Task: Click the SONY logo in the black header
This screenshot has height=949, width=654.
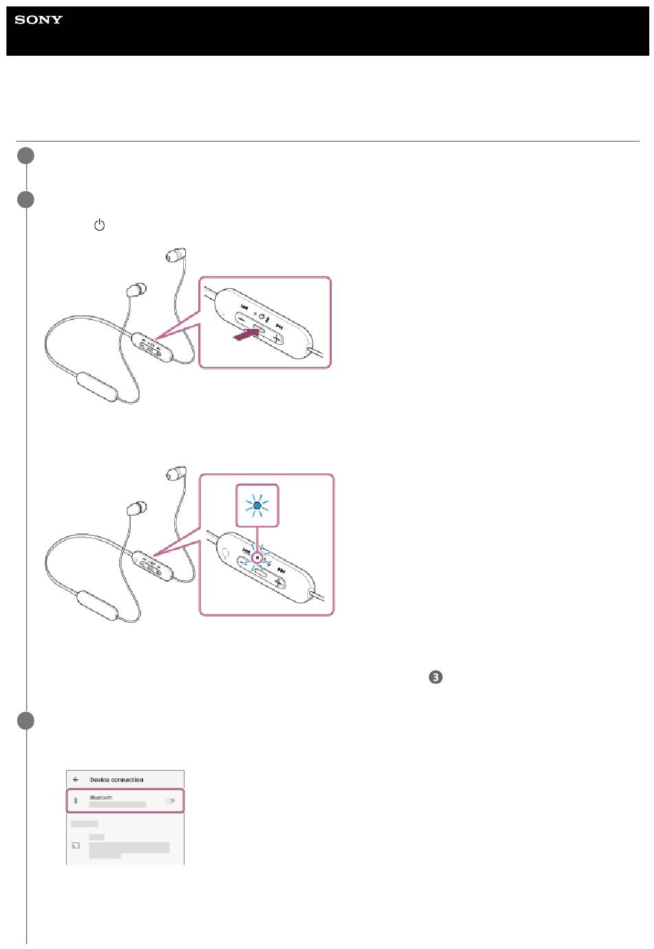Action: coord(39,19)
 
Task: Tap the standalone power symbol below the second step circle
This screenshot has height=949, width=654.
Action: coord(99,224)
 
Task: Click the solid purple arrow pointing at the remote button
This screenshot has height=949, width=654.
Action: coord(246,334)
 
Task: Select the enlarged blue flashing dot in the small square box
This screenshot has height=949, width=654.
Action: coord(257,505)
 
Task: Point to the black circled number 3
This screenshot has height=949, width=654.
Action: coord(435,676)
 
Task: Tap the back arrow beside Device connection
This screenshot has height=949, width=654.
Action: coord(76,779)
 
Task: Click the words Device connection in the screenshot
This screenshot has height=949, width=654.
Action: coord(116,780)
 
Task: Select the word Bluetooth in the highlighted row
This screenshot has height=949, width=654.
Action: coord(101,798)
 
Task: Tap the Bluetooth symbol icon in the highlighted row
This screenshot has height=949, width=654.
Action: coord(76,800)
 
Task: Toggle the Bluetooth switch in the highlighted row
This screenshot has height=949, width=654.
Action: coord(170,800)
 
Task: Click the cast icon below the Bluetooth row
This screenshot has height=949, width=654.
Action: coord(76,846)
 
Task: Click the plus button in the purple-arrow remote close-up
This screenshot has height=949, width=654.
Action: coord(276,339)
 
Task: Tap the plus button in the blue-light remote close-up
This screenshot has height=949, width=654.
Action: coord(279,583)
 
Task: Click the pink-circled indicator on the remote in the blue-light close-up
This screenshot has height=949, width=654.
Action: coord(257,557)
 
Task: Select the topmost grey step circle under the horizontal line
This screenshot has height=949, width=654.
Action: coord(26,156)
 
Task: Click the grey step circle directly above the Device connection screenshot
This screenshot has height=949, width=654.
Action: coord(26,721)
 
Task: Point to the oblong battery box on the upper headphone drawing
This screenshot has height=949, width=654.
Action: coord(97,387)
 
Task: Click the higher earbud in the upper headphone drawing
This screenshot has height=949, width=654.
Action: coord(176,255)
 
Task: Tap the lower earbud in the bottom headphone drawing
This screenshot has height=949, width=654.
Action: coord(137,508)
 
